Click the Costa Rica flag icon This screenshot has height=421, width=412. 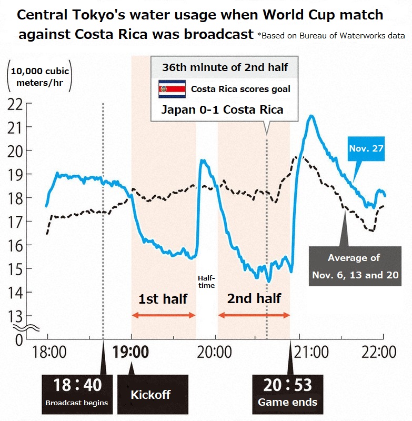(172, 89)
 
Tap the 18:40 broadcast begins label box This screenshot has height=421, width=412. (78, 391)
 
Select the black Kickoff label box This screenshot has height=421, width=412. (150, 394)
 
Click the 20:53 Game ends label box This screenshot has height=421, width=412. (287, 391)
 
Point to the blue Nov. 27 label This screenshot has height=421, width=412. (367, 149)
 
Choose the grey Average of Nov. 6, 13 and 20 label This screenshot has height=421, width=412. (355, 266)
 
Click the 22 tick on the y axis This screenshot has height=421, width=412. (15, 104)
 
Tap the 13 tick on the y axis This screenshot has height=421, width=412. (15, 316)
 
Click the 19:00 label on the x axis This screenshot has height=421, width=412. (131, 352)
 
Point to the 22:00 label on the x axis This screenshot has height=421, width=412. (380, 352)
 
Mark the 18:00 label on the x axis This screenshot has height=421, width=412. (48, 352)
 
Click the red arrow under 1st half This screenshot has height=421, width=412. (163, 315)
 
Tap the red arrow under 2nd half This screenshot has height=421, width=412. (254, 315)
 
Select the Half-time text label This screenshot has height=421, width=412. (206, 282)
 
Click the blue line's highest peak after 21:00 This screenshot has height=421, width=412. (312, 116)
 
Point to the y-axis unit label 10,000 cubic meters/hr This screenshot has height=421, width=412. (38, 77)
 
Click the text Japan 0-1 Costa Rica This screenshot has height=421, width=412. (222, 110)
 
